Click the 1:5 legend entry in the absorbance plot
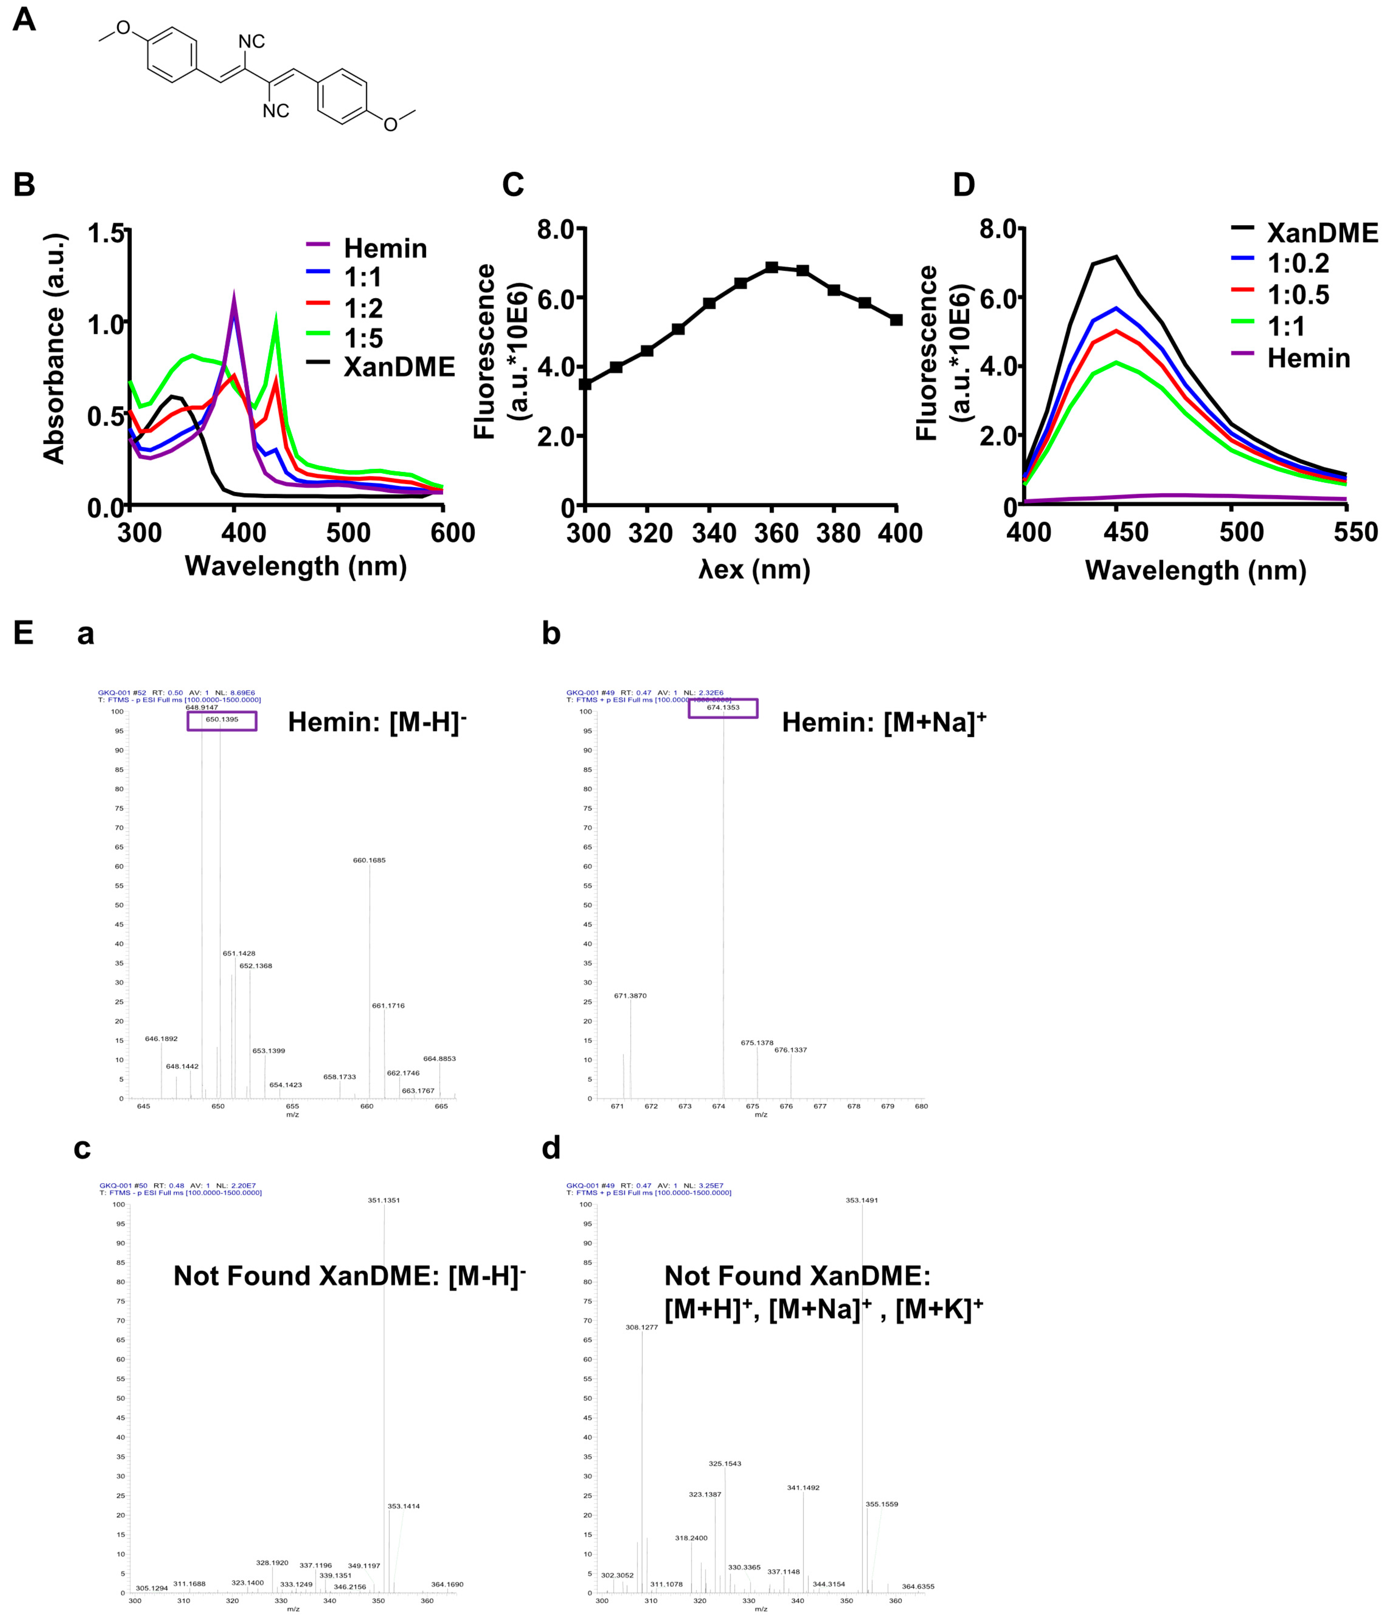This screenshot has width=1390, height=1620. pos(363,338)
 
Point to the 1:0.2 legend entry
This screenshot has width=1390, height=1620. pos(1298,264)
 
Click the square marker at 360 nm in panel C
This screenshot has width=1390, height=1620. pos(771,267)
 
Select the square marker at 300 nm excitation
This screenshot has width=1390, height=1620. pos(585,384)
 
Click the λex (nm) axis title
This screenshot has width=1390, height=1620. pos(754,569)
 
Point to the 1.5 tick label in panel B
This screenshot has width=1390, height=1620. pos(106,233)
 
